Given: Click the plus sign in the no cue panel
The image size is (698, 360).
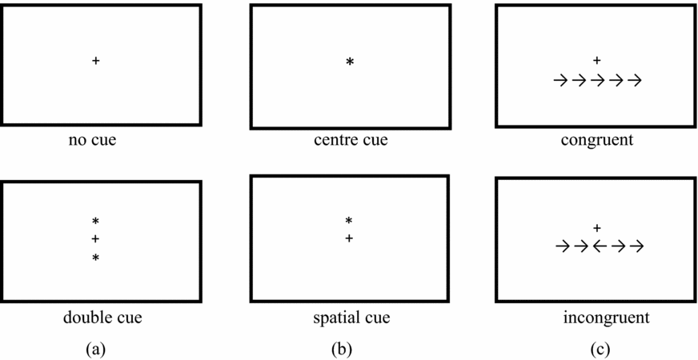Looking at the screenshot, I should [x=96, y=61].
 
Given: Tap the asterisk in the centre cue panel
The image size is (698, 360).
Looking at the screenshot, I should [x=349, y=62].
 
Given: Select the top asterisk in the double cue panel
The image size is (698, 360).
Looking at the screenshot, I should [x=95, y=221].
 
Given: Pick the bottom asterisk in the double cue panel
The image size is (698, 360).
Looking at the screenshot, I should [x=95, y=258].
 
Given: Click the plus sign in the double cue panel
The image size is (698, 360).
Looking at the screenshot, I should [x=95, y=239].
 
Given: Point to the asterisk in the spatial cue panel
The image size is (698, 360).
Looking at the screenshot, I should [x=348, y=221].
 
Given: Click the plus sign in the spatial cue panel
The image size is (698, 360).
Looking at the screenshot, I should [x=348, y=238].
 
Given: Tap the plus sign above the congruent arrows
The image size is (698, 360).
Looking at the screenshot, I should [x=596, y=60].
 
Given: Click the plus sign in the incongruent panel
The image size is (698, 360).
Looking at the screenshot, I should [x=596, y=228].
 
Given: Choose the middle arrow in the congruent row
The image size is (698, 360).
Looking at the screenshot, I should [x=597, y=80].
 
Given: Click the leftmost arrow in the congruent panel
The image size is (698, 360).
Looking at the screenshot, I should [x=560, y=80].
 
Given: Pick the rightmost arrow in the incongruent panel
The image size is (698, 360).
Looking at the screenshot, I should [x=636, y=246].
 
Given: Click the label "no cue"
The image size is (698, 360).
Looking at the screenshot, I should [x=95, y=141].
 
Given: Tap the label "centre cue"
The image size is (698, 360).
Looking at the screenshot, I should [x=351, y=141].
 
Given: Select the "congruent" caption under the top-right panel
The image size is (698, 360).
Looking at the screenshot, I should [x=597, y=141].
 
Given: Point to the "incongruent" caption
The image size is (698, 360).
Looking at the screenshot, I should [x=606, y=318].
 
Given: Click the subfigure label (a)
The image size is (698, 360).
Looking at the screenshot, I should [x=95, y=348].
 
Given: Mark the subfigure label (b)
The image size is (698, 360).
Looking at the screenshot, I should [x=344, y=348].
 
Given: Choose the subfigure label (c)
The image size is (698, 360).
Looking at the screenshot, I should [x=599, y=348].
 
